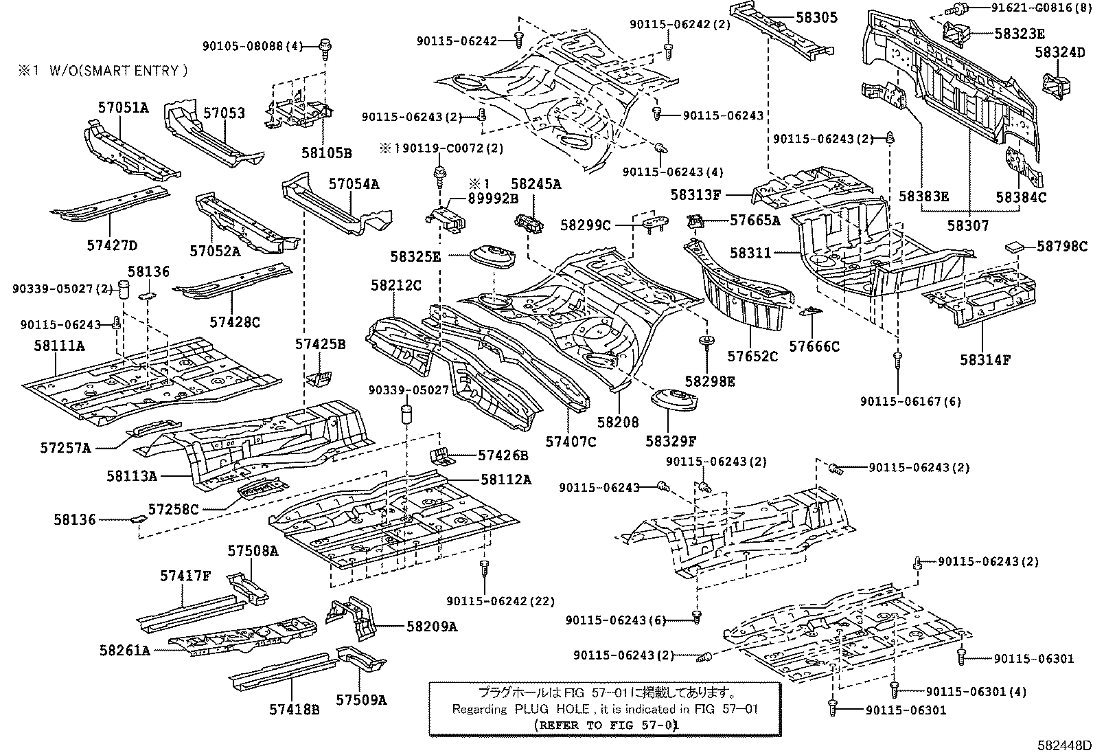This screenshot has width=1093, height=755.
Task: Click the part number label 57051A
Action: point(123,107)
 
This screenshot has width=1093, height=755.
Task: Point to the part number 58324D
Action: point(1060,52)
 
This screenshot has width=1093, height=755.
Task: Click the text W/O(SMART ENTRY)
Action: point(117,70)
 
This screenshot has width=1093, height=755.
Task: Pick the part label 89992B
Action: point(493,199)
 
